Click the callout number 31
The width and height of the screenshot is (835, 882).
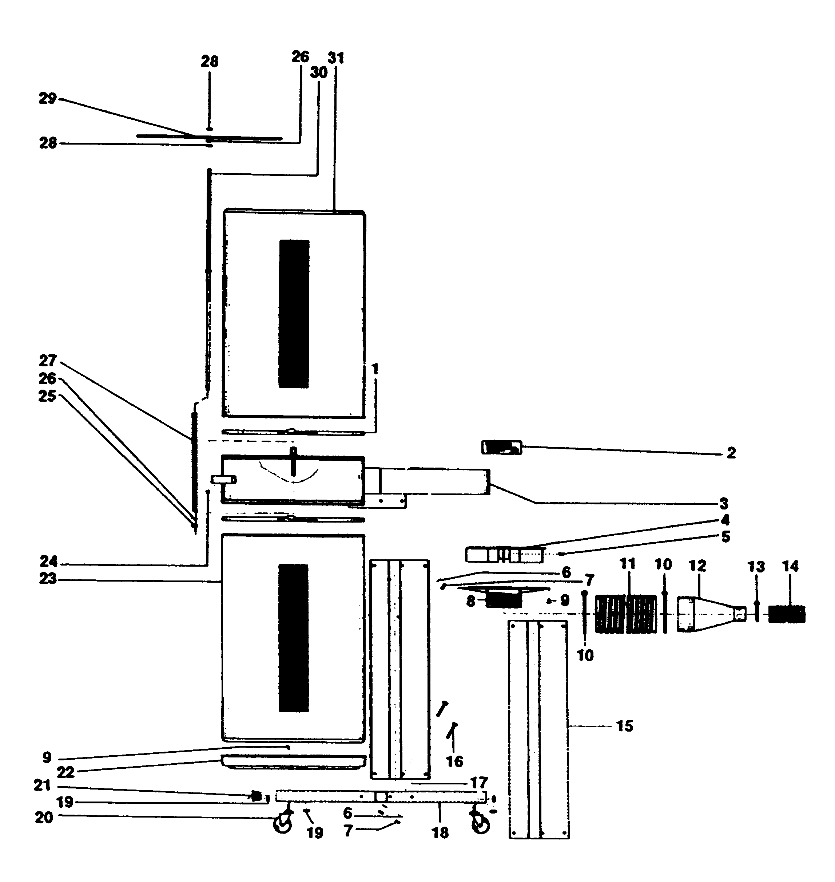(x=336, y=58)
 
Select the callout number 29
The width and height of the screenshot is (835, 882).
(x=48, y=98)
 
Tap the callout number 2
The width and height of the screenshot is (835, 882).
(x=731, y=453)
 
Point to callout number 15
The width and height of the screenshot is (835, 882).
(x=624, y=726)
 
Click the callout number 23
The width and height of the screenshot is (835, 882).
(x=48, y=579)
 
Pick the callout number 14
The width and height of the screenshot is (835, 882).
(x=791, y=567)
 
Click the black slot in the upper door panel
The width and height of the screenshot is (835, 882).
(x=294, y=314)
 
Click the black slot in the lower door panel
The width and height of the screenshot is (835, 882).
(x=293, y=638)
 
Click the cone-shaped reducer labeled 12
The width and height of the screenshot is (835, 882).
(x=708, y=614)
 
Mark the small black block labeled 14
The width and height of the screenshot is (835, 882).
(x=787, y=614)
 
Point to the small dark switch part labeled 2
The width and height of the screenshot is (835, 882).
(x=501, y=447)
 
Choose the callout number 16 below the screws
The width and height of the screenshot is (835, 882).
(x=454, y=761)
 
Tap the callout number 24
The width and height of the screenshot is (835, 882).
(x=48, y=562)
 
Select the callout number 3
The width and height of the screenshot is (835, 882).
(x=724, y=504)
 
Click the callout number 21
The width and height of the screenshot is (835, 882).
(x=42, y=785)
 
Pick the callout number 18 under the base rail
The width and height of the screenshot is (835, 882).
(x=440, y=832)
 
